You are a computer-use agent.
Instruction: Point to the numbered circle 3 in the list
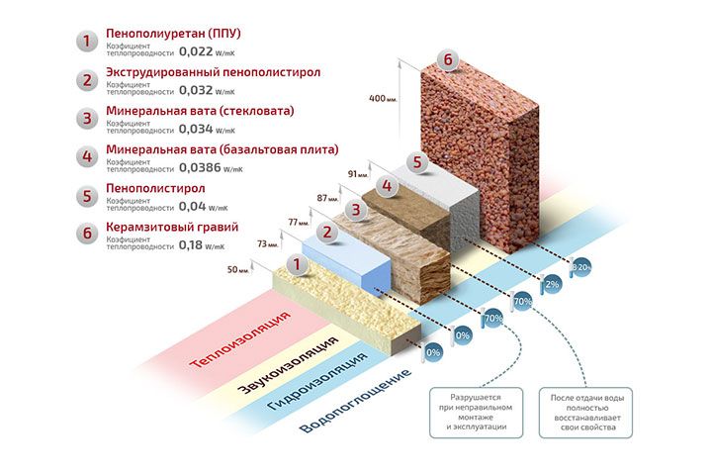click(x=88, y=120)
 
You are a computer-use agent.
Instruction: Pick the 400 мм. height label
click(x=384, y=99)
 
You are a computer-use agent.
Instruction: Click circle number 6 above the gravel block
click(x=448, y=61)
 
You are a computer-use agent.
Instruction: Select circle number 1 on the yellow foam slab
click(x=293, y=265)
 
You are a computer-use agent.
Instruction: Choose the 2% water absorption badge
click(x=552, y=284)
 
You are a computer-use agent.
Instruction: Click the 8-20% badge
click(x=581, y=266)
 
